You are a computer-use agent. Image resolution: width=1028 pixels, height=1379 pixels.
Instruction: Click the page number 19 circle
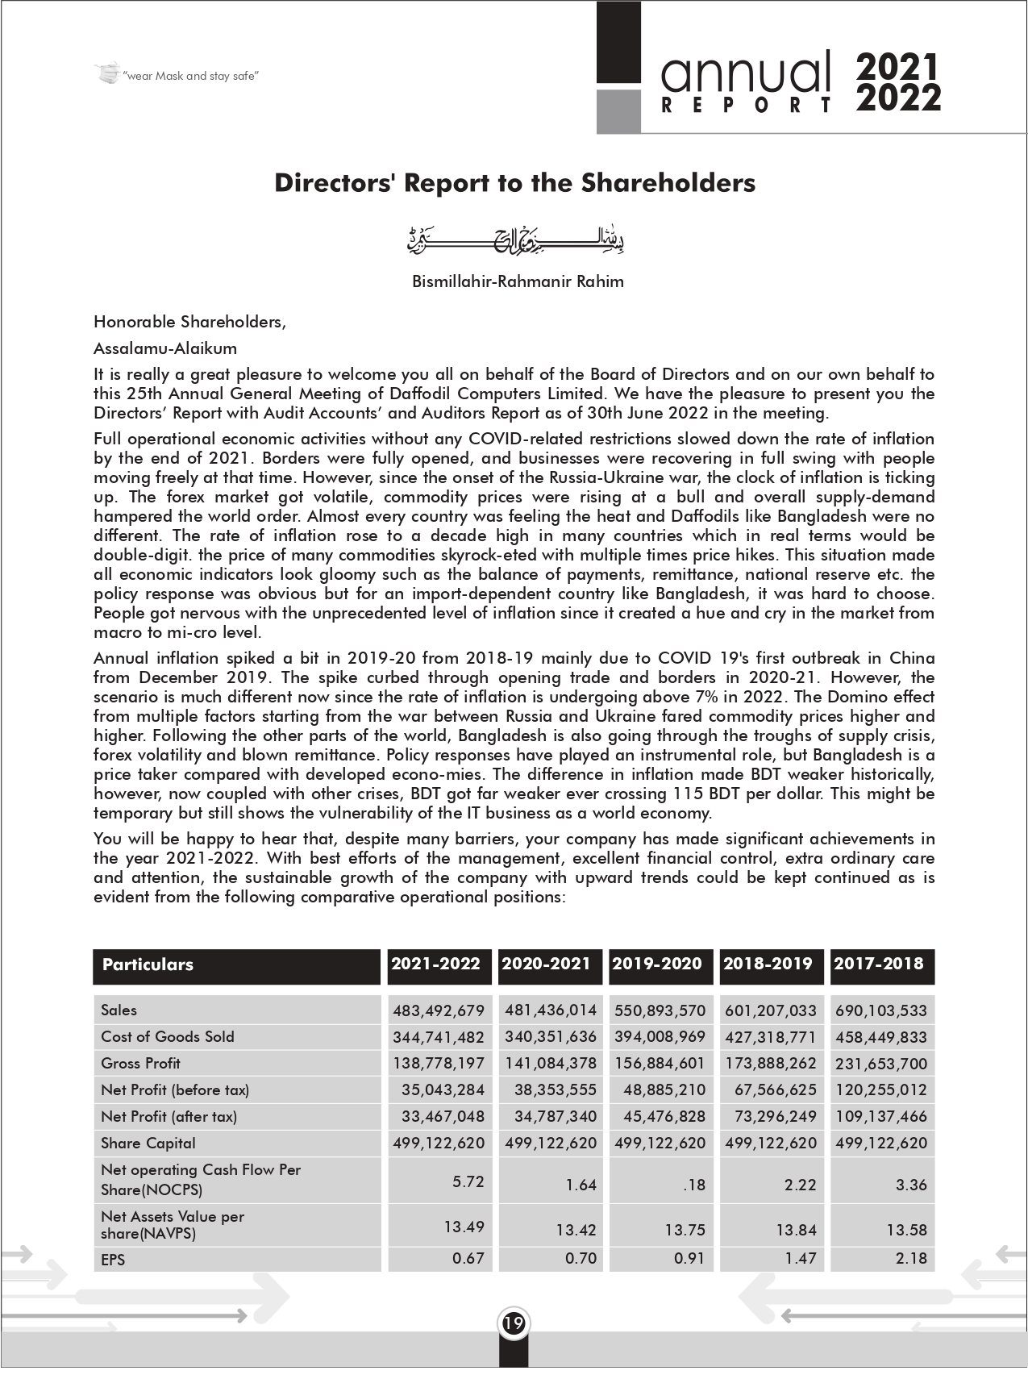click(x=514, y=1323)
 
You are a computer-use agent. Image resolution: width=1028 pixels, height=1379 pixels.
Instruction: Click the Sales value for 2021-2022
click(x=439, y=1010)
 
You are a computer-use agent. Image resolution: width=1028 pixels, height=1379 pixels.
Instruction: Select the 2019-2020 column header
click(x=657, y=964)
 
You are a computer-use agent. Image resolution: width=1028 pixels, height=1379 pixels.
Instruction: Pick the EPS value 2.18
click(x=911, y=1258)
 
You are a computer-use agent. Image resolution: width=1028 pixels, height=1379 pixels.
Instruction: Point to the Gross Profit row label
click(x=141, y=1063)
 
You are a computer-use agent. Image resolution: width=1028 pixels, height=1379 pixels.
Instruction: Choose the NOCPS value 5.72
click(x=468, y=1181)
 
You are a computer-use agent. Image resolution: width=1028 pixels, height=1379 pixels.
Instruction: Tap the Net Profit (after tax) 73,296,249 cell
click(x=771, y=1116)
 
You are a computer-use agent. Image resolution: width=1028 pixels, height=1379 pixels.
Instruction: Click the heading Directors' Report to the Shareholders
click(x=514, y=183)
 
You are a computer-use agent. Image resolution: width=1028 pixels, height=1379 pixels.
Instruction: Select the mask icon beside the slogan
click(x=107, y=74)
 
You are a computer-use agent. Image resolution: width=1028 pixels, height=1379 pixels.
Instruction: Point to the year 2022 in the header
click(x=899, y=99)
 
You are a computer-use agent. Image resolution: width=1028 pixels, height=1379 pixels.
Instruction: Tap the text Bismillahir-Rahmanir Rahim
click(x=518, y=281)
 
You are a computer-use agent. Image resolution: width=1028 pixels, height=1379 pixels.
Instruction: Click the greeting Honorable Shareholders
click(x=189, y=322)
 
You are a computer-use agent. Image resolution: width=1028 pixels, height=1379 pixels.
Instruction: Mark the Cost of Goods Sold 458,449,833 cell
click(x=881, y=1037)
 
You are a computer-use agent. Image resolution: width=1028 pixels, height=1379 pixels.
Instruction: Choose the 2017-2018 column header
click(x=879, y=964)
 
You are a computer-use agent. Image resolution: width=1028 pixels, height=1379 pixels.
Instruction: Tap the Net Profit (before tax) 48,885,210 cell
click(x=664, y=1089)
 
